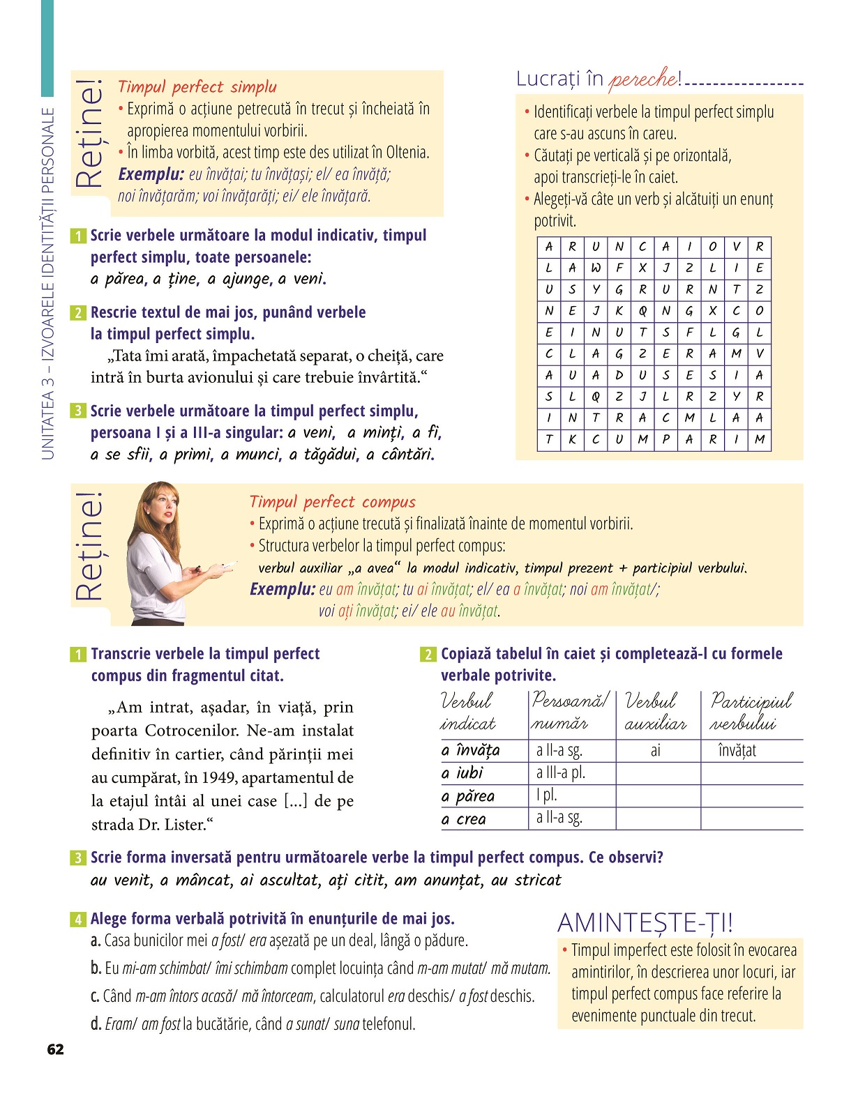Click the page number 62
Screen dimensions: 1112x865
pos(55,1049)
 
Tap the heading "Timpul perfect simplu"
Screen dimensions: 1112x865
pos(197,87)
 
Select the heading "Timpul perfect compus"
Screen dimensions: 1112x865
pos(332,502)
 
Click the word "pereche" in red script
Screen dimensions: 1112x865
pos(642,79)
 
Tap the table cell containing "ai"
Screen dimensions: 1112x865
pos(656,751)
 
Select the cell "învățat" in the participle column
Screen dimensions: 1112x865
pos(737,751)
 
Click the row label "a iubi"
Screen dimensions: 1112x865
pos(462,773)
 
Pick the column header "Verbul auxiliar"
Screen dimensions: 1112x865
pos(654,712)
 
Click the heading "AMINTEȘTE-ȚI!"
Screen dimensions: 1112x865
pos(645,923)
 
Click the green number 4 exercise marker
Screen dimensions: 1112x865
pos(78,920)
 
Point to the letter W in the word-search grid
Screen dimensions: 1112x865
pos(596,268)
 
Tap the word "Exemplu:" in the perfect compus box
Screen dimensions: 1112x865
pos(282,590)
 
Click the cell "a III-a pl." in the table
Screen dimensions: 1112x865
pos(560,773)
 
